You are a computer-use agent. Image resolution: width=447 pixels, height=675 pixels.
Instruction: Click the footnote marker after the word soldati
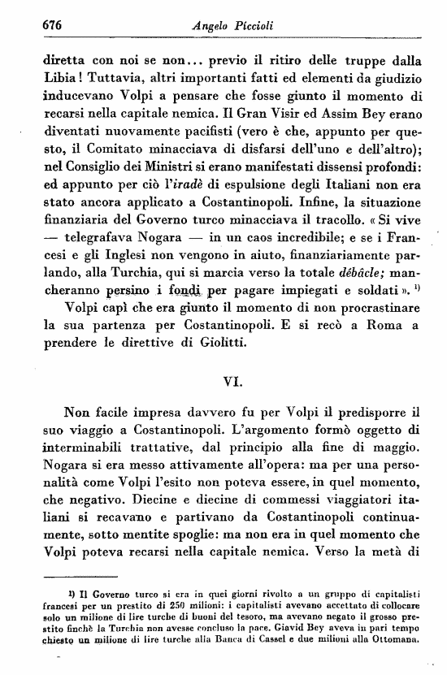[x=417, y=331]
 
